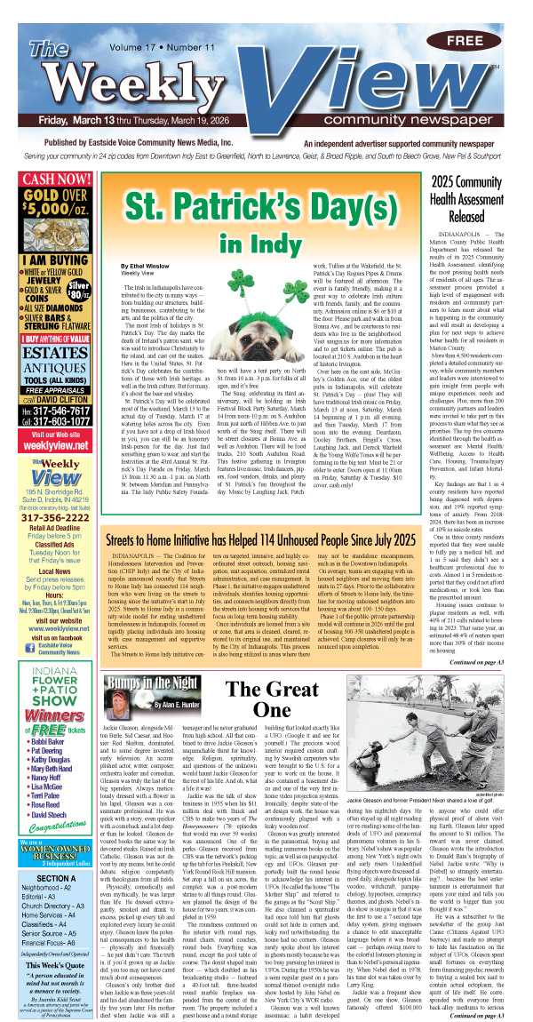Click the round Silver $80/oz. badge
pyautogui.click(x=78, y=289)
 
